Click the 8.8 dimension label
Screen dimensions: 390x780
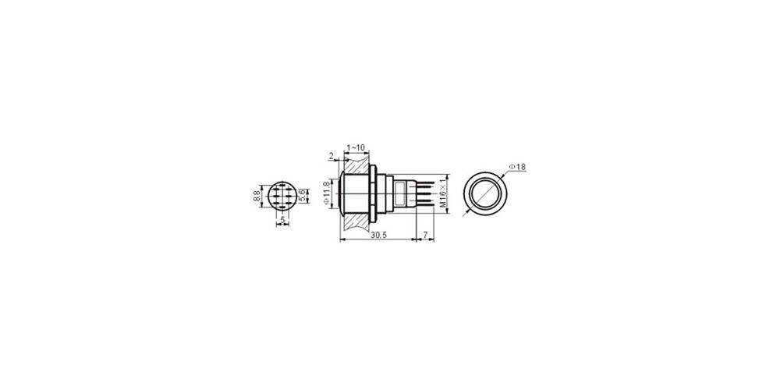256,195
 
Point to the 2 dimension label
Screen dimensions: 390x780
331,157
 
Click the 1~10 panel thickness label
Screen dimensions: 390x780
354,147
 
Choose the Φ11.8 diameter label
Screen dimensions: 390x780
326,193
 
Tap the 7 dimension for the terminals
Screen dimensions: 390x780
424,235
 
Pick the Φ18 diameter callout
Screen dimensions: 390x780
517,166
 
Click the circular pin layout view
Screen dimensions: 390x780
280,195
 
